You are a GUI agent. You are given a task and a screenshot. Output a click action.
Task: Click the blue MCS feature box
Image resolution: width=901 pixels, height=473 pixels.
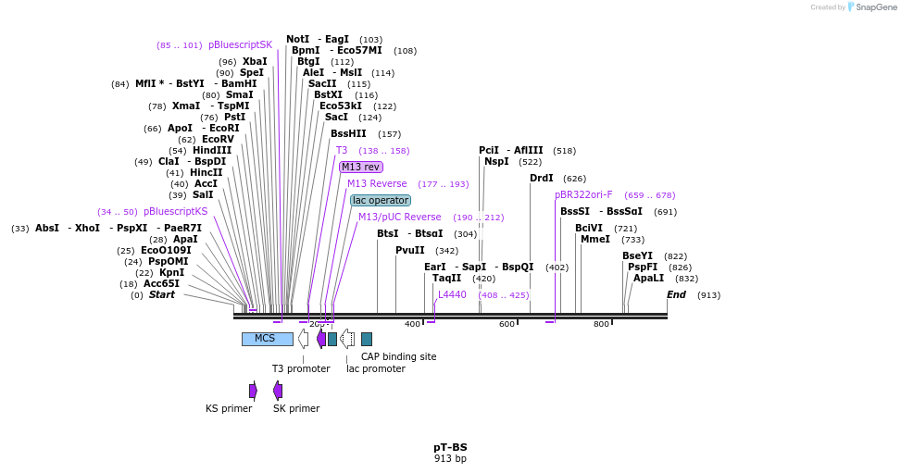tap(267, 339)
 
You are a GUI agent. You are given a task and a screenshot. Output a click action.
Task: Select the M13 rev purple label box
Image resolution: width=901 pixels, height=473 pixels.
tap(360, 168)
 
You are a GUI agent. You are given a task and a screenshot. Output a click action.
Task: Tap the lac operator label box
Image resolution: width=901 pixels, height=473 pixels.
tap(381, 201)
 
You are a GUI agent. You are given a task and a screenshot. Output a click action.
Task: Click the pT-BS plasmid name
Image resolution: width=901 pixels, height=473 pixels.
tap(450, 447)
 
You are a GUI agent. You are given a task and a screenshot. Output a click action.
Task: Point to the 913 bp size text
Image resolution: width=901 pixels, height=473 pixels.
tap(450, 458)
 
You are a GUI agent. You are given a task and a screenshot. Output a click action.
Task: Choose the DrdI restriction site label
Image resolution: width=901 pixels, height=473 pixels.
tap(542, 179)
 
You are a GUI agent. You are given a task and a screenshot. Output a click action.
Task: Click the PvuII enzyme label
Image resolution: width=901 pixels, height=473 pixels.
tap(410, 251)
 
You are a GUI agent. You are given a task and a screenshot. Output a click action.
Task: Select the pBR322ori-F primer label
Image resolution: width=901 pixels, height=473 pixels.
tap(583, 195)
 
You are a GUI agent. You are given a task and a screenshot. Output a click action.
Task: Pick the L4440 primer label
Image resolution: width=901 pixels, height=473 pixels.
tap(452, 295)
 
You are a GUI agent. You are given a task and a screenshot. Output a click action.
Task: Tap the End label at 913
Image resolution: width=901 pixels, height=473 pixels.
tap(677, 295)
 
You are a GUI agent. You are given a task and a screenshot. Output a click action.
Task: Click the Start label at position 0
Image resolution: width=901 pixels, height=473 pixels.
tap(162, 295)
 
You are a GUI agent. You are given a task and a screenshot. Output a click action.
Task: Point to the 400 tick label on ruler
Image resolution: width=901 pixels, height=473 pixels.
tap(413, 324)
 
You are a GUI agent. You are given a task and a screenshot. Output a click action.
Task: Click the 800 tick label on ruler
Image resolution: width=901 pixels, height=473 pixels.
tap(601, 324)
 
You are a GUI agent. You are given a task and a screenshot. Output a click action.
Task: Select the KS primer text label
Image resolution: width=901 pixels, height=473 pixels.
tap(229, 408)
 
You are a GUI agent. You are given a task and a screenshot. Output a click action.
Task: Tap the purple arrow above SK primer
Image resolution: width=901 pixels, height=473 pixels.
tap(278, 391)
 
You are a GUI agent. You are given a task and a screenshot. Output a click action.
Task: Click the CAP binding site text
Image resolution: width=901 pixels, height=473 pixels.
tap(398, 356)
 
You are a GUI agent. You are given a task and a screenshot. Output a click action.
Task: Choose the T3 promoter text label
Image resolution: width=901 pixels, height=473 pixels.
tap(301, 368)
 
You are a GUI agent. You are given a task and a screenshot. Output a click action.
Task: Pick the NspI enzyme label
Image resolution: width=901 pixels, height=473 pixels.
tap(496, 162)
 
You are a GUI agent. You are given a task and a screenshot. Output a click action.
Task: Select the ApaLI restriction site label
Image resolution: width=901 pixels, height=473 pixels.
tap(648, 279)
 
